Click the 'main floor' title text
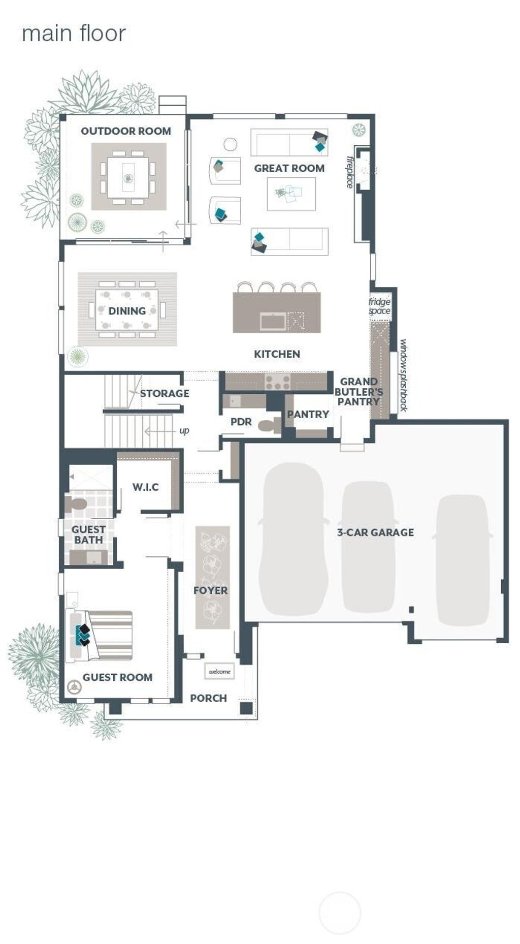[x=74, y=34]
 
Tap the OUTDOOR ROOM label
[x=126, y=131]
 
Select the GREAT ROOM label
[x=289, y=168]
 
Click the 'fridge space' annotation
[x=379, y=306]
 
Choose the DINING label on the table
[x=127, y=311]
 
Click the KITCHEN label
[x=277, y=354]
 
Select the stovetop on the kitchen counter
[x=277, y=381]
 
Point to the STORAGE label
[x=165, y=393]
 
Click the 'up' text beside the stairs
[x=184, y=431]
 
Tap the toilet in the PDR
[x=270, y=425]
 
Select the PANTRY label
[x=308, y=414]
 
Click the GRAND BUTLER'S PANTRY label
[x=359, y=391]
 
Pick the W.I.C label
[x=146, y=487]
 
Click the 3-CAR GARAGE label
[x=375, y=532]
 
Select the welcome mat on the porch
[x=219, y=671]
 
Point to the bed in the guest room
[x=100, y=635]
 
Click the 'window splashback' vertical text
[x=403, y=375]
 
